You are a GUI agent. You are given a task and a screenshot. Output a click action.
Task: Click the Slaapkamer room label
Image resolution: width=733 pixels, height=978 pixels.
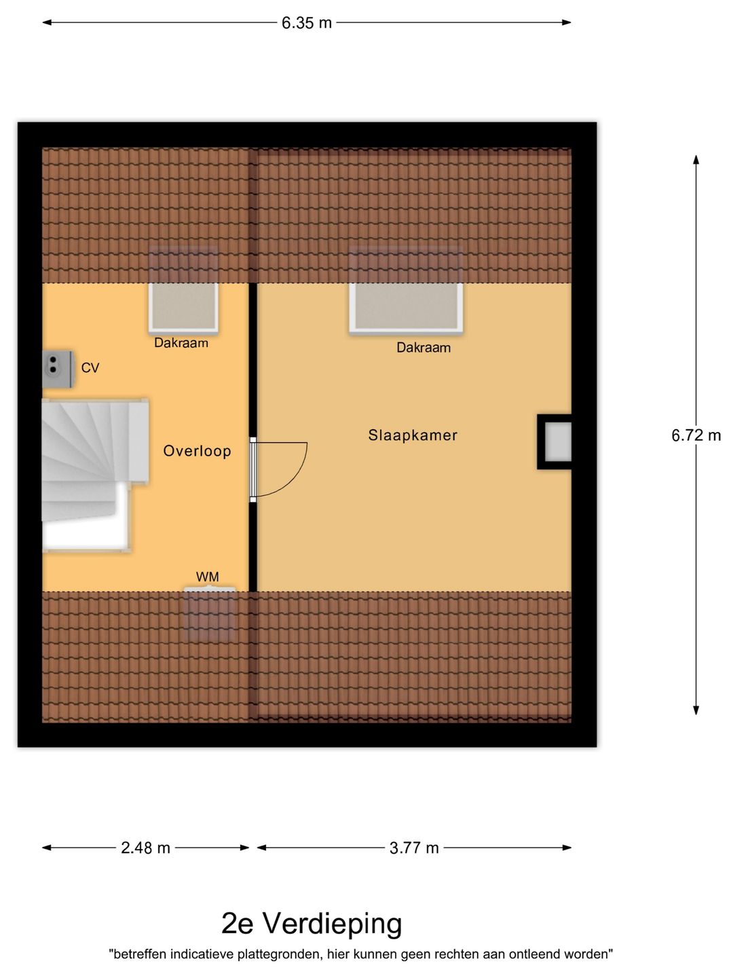(x=413, y=435)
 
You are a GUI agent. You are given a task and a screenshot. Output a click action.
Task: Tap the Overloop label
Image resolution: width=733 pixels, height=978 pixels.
(x=197, y=451)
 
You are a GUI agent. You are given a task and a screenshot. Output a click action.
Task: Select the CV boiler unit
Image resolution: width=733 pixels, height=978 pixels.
(x=58, y=369)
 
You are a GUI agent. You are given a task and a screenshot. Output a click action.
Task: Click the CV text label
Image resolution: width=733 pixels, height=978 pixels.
(x=90, y=367)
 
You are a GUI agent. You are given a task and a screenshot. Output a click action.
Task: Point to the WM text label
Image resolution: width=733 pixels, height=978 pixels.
(x=208, y=577)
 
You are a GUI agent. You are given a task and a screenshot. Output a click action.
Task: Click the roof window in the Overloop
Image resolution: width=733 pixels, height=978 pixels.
(x=183, y=308)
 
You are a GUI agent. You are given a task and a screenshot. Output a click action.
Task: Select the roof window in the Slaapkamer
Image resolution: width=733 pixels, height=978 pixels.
(x=406, y=308)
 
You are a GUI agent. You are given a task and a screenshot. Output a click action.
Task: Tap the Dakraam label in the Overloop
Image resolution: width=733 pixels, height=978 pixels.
(x=181, y=342)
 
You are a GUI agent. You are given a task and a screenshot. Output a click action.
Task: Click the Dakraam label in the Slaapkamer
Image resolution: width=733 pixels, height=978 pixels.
(x=424, y=348)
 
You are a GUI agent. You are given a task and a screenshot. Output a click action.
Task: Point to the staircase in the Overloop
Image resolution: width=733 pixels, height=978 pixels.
(x=94, y=475)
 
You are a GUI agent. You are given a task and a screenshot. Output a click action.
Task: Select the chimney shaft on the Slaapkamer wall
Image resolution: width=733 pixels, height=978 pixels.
(x=554, y=441)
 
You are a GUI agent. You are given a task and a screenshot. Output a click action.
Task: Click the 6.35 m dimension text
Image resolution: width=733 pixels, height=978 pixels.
(x=307, y=22)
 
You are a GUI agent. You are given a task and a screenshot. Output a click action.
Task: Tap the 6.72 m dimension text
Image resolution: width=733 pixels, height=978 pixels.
(x=696, y=435)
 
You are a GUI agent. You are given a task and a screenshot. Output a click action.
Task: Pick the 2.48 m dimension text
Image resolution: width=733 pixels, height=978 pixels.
(x=145, y=848)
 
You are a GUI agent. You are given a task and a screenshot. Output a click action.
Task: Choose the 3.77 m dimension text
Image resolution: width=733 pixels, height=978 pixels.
(x=414, y=848)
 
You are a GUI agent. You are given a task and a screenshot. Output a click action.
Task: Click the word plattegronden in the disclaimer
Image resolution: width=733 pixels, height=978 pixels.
(x=278, y=954)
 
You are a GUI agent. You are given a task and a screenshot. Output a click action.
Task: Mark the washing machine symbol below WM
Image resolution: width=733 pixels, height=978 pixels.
(x=210, y=614)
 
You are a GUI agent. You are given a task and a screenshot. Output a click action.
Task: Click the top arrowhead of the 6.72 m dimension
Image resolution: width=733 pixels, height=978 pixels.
(x=696, y=160)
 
